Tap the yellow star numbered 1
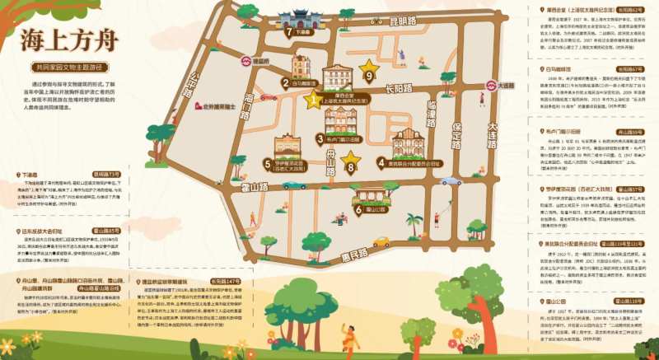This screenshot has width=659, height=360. click(312, 101)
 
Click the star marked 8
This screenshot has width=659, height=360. click(352, 158)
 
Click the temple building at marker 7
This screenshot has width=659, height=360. click(298, 20)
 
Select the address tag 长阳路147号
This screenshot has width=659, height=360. click(225, 281)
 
